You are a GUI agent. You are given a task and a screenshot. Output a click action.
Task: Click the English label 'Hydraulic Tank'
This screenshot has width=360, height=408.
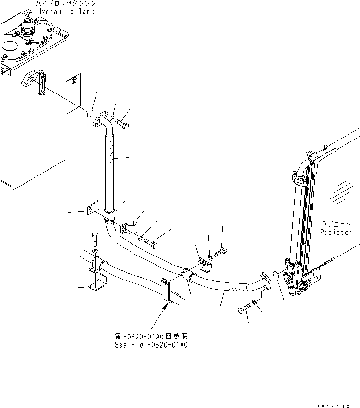[66, 11]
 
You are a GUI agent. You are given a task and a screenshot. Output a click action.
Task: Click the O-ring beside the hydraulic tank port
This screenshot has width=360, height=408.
[89, 113]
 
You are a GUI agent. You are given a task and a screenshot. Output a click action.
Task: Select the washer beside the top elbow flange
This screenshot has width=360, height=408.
[111, 118]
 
